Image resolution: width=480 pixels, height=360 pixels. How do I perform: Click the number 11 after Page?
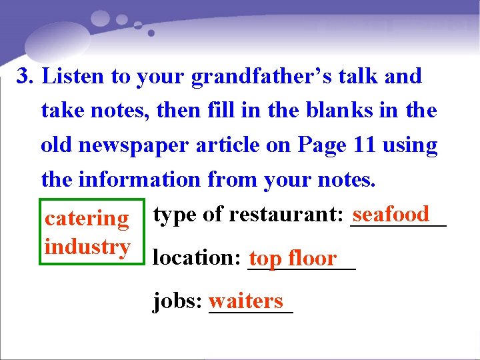click(x=365, y=145)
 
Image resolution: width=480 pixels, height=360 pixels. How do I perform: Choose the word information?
click(x=139, y=179)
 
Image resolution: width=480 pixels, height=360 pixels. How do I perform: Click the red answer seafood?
click(x=391, y=214)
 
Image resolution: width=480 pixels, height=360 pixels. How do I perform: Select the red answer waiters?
click(x=246, y=301)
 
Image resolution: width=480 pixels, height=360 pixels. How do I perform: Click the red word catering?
click(x=87, y=218)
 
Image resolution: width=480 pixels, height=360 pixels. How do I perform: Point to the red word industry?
click(x=87, y=247)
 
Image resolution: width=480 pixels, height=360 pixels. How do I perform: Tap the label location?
click(x=197, y=257)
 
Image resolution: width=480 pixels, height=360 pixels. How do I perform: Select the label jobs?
click(x=177, y=301)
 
